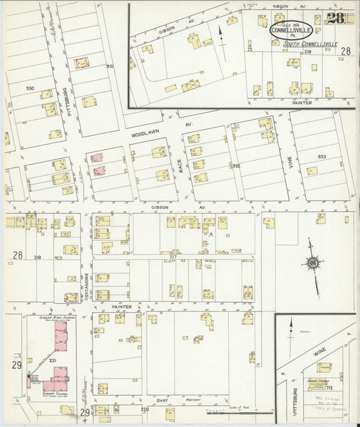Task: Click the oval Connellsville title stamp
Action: [x=290, y=30]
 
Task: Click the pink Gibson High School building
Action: [x=61, y=342]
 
